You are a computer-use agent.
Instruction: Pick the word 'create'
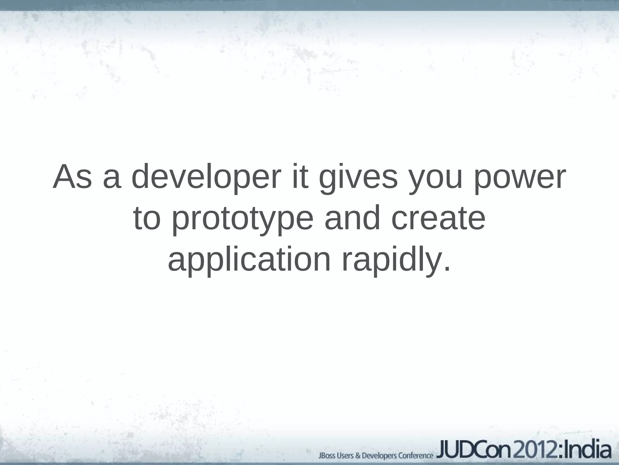(438, 219)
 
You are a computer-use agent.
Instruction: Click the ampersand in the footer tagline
(357, 455)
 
